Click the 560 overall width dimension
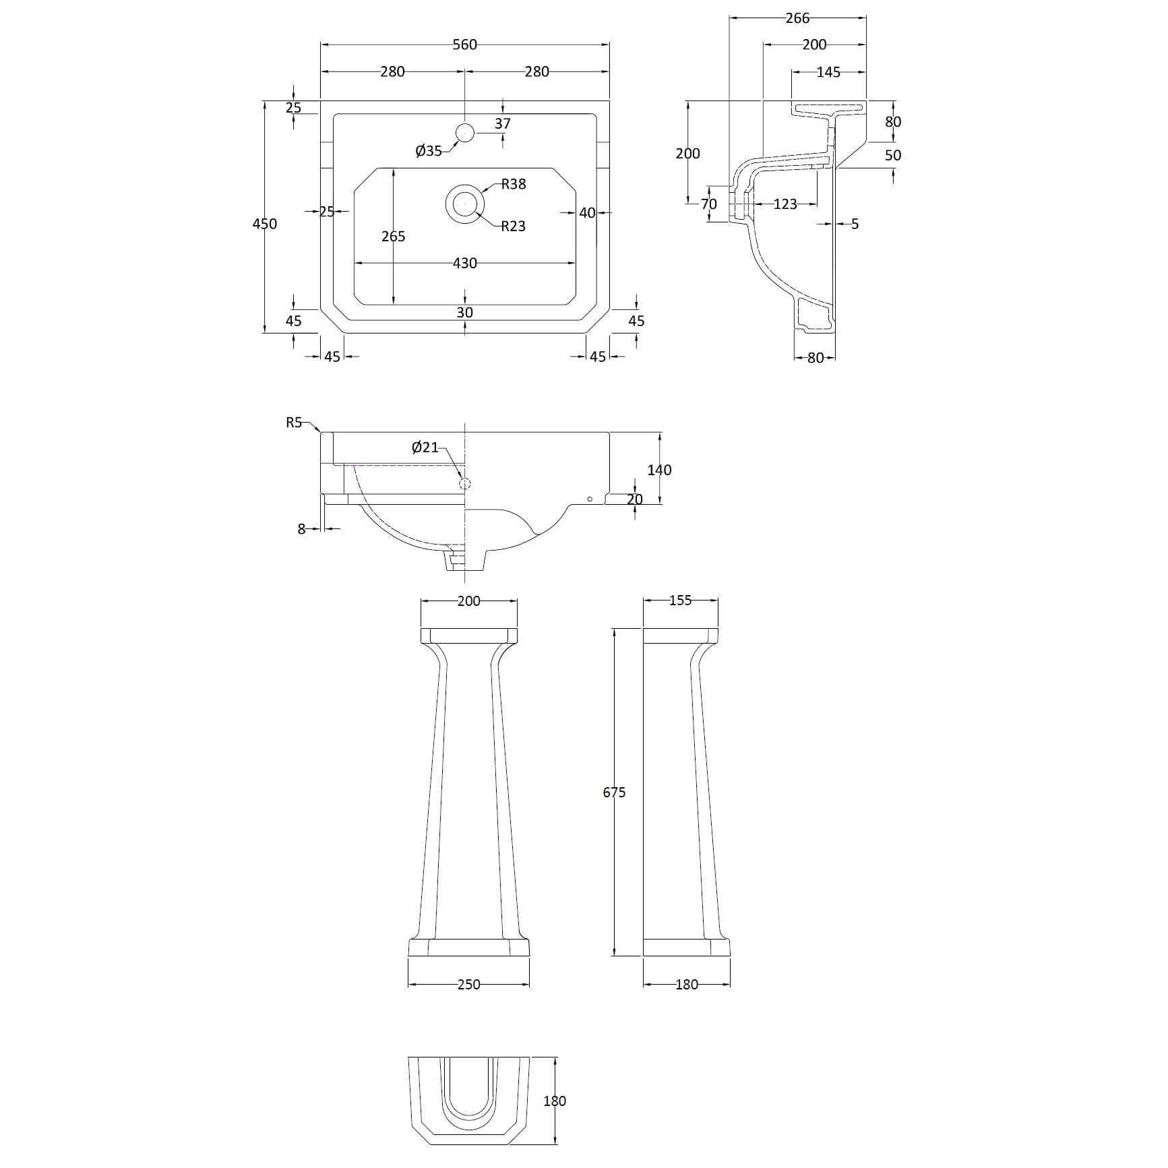(x=464, y=44)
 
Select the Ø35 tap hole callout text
(x=429, y=151)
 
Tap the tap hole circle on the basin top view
(x=465, y=133)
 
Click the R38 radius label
(x=514, y=184)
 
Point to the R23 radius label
(x=513, y=226)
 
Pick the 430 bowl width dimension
(x=464, y=263)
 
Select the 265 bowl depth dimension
(x=393, y=236)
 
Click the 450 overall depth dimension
(x=264, y=224)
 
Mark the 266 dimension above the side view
(x=797, y=18)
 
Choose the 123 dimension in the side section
(x=785, y=204)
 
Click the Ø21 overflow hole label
(x=425, y=447)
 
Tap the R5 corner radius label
(x=294, y=423)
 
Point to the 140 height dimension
(x=659, y=470)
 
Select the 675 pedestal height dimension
(x=614, y=793)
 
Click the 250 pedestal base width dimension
(x=468, y=985)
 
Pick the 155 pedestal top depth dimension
(x=680, y=601)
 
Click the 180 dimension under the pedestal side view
(x=686, y=985)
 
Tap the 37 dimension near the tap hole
(x=503, y=123)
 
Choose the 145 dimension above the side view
(x=828, y=72)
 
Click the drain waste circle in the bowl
(x=464, y=203)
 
